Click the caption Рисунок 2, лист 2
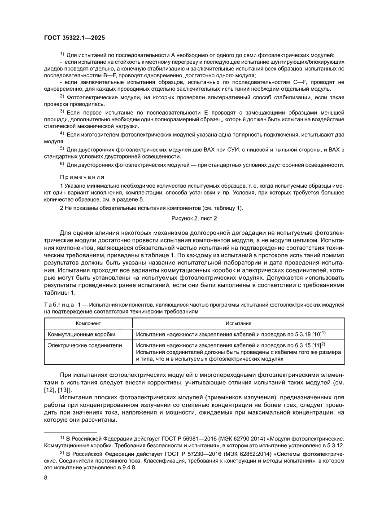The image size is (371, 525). pyautogui.click(x=194, y=218)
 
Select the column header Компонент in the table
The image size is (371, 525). pyautogui.click(x=88, y=323)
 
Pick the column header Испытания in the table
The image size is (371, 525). pyautogui.click(x=238, y=323)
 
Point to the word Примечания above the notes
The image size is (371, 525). pyautogui.click(x=82, y=177)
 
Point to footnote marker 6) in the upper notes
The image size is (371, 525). pyautogui.click(x=62, y=164)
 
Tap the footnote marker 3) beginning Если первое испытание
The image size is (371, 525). pyautogui.click(x=62, y=111)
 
